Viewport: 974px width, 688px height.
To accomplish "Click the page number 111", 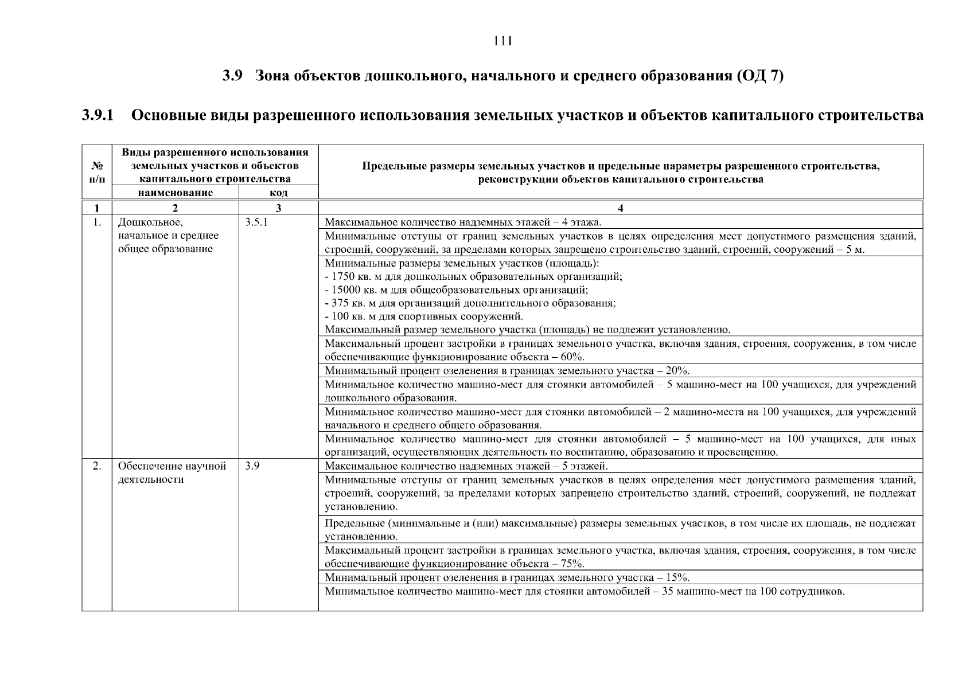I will coord(502,41).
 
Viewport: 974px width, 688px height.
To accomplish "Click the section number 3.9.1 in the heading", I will coord(98,115).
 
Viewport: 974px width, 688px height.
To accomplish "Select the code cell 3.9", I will coord(252,466).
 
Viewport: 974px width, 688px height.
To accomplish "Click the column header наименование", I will coord(175,193).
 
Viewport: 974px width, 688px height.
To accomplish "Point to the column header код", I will coord(278,193).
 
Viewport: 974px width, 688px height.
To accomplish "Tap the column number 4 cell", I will coord(620,208).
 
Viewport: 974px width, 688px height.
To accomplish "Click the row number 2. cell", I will coord(97,466).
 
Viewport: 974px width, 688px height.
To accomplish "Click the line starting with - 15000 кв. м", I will coord(456,290).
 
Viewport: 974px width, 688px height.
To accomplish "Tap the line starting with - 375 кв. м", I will coord(470,303).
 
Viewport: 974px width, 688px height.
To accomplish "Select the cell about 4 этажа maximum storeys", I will coord(463,222).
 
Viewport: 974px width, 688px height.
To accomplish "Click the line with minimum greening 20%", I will coord(507,371).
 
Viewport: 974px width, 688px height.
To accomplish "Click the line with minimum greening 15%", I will coord(507,577).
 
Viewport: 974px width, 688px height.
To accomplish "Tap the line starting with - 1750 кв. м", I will coord(473,276).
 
